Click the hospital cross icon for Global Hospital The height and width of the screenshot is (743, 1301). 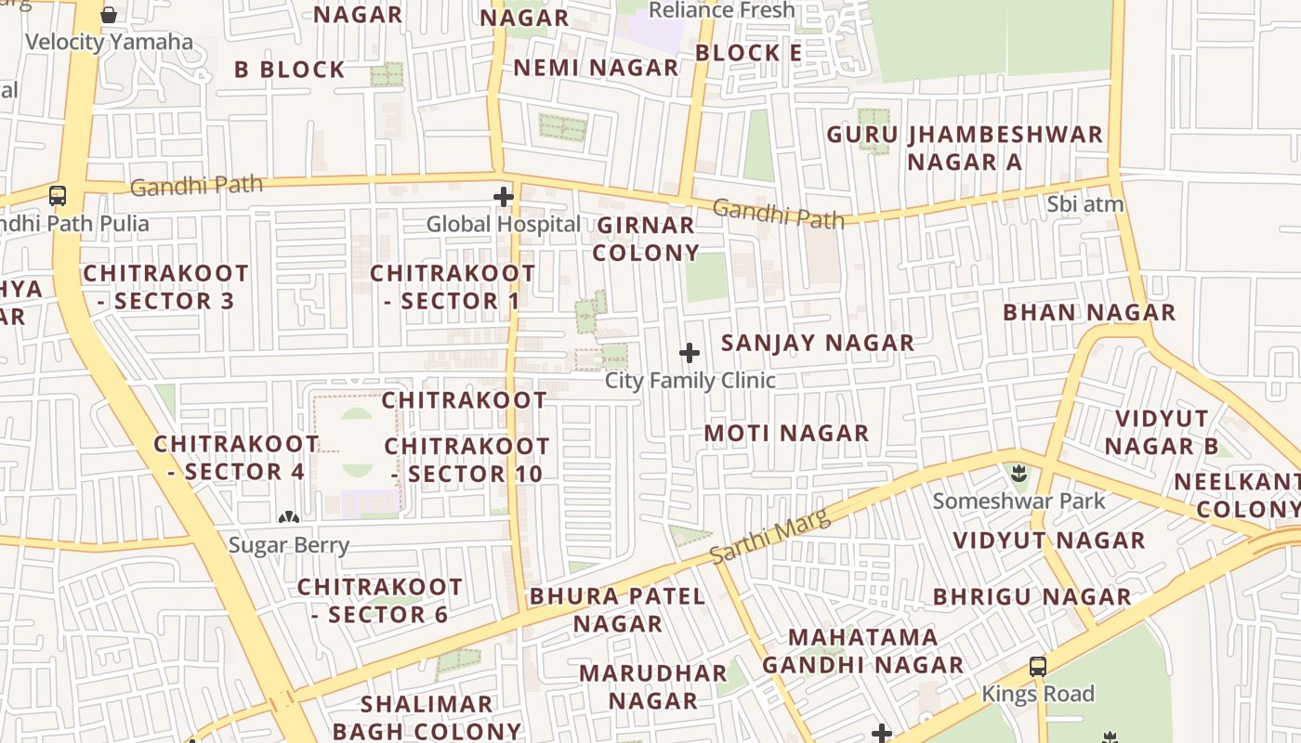[x=504, y=197]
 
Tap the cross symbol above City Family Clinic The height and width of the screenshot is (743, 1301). [x=690, y=353]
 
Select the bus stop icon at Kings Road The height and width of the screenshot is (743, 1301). [x=1038, y=667]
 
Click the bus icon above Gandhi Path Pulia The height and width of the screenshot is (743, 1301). [x=58, y=196]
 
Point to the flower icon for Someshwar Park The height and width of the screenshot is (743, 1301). [x=1019, y=475]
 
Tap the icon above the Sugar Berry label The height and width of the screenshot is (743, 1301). [x=289, y=516]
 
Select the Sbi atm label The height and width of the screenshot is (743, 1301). [x=1084, y=204]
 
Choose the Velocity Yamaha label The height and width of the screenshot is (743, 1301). [x=110, y=42]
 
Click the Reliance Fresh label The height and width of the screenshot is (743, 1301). [x=722, y=10]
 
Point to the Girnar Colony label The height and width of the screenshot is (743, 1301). [x=646, y=239]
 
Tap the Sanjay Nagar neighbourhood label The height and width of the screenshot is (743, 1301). [x=818, y=343]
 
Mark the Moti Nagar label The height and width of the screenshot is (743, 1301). [x=786, y=433]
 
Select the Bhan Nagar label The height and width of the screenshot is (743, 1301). [x=1089, y=312]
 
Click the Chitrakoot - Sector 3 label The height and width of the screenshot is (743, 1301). [x=166, y=287]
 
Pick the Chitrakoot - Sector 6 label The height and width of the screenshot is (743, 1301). [x=380, y=601]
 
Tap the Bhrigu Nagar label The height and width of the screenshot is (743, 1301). [x=1032, y=596]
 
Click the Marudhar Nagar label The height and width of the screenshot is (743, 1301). [x=653, y=686]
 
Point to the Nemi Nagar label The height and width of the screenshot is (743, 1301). [x=596, y=68]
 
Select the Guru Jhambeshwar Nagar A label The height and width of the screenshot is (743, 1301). [x=965, y=148]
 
